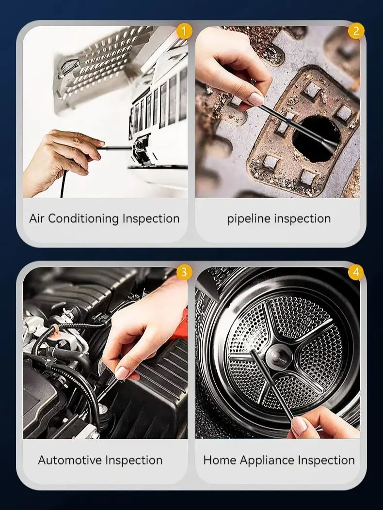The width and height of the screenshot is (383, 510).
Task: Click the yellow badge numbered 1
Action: pyautogui.click(x=184, y=31)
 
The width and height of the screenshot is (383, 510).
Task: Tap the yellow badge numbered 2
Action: pyautogui.click(x=356, y=31)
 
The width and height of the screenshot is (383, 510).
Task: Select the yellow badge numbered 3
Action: pyautogui.click(x=184, y=272)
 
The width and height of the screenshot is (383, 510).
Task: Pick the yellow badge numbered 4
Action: pyautogui.click(x=356, y=272)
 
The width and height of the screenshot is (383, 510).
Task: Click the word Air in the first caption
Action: pyautogui.click(x=37, y=218)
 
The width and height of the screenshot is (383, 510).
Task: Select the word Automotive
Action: pyautogui.click(x=70, y=460)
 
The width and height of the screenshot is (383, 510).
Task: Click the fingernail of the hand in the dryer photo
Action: pyautogui.click(x=299, y=426)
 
